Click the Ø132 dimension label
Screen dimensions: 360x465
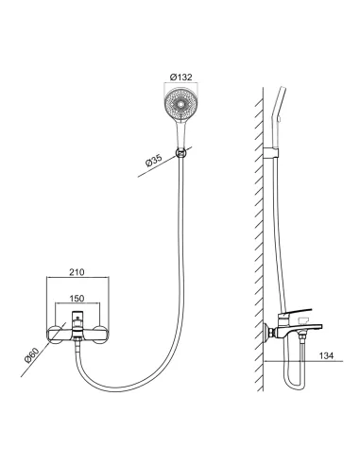tap(180, 77)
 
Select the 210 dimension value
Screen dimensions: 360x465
tap(77, 272)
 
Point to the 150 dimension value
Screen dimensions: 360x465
tap(77, 298)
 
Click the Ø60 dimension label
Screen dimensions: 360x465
tap(31, 355)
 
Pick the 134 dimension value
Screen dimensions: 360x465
tap(326, 355)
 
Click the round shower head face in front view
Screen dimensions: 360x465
tap(180, 104)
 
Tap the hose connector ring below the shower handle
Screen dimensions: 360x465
tap(180, 153)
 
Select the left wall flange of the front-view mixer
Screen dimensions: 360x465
tap(56, 335)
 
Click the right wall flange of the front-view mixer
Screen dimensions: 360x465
tap(99, 335)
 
